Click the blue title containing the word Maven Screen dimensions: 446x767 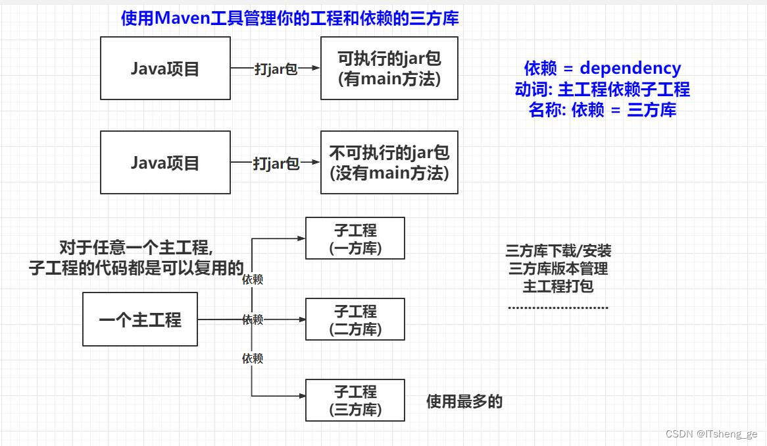289,18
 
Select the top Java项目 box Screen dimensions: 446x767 165,68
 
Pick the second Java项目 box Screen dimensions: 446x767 165,162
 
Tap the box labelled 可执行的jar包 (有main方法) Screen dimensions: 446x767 389,68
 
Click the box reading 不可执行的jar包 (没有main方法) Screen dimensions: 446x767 389,162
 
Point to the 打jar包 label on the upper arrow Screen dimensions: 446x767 276,69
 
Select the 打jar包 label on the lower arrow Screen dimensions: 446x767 276,163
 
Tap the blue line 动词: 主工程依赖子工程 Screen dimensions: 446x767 602,89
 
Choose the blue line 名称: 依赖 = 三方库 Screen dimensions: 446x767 602,110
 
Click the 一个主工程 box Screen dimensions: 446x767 140,320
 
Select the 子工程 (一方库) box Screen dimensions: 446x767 355,238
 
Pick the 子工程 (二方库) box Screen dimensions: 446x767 355,320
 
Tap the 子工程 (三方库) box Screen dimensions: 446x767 355,400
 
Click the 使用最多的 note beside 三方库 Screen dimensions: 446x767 464,401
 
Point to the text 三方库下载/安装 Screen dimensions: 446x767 558,250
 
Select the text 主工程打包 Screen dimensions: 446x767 558,287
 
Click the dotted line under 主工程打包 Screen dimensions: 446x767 558,307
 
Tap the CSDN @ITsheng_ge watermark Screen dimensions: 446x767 711,433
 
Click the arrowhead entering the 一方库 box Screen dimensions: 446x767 302,238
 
